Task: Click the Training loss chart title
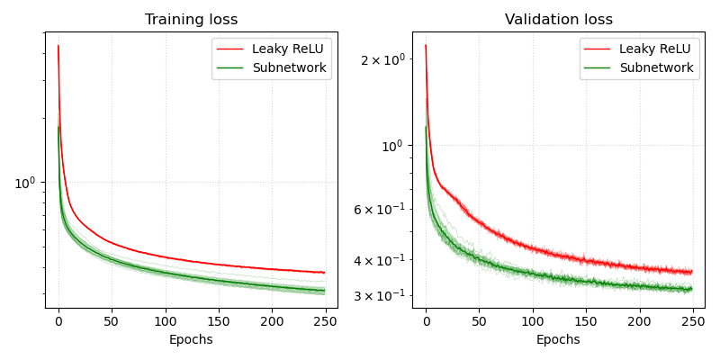pos(192,20)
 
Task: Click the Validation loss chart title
pos(559,20)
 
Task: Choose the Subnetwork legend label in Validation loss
pos(656,67)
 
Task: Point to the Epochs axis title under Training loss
pos(192,340)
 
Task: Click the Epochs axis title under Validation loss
pos(559,340)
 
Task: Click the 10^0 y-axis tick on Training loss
pos(25,184)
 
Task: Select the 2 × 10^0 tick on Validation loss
pos(382,59)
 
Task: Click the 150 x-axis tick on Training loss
pos(219,320)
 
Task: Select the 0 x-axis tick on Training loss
pos(58,320)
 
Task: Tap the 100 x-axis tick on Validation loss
pos(533,320)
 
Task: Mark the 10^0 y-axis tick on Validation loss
pos(391,146)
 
